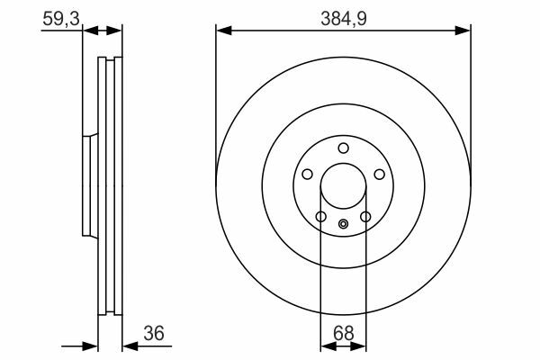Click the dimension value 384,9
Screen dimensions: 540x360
pos(344,19)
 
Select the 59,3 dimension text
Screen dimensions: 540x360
pos(61,19)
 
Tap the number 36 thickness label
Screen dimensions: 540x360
pos(154,333)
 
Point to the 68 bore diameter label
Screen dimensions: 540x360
pos(344,333)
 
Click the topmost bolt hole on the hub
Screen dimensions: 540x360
pos(344,148)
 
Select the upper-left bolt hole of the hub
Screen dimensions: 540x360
pos(307,174)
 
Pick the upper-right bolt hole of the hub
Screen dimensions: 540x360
pos(380,174)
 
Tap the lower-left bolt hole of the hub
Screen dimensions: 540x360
pos(321,217)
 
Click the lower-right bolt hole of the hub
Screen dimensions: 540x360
pos(365,217)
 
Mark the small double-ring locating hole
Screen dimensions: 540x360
pos(344,224)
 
